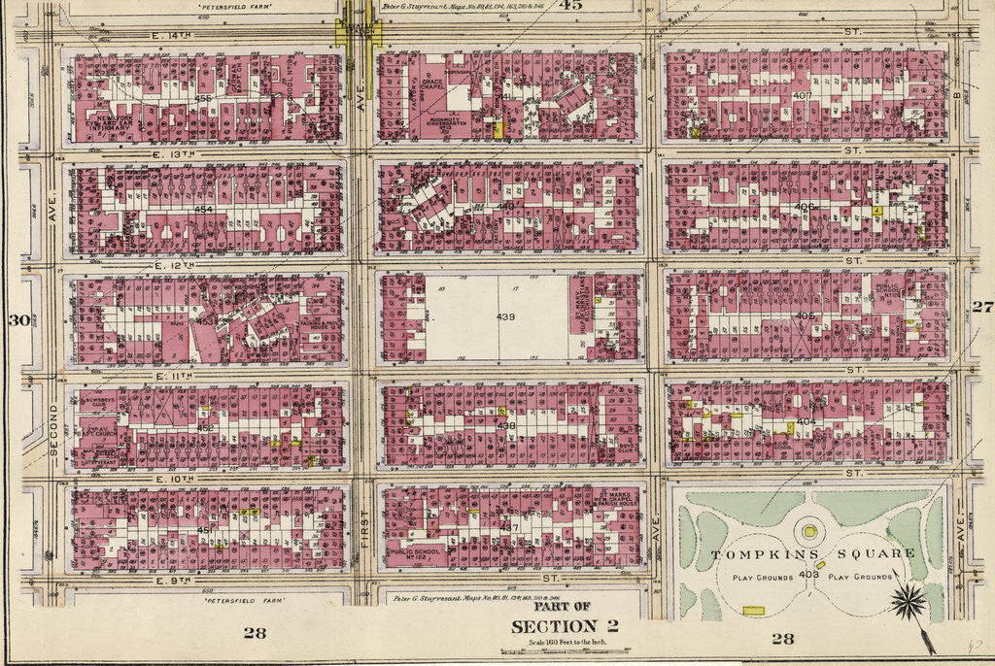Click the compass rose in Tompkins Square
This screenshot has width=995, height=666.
(x=907, y=602)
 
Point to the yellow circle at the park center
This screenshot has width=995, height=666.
(x=808, y=531)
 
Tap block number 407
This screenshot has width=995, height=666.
(x=802, y=95)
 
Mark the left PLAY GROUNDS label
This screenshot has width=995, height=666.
(x=751, y=577)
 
